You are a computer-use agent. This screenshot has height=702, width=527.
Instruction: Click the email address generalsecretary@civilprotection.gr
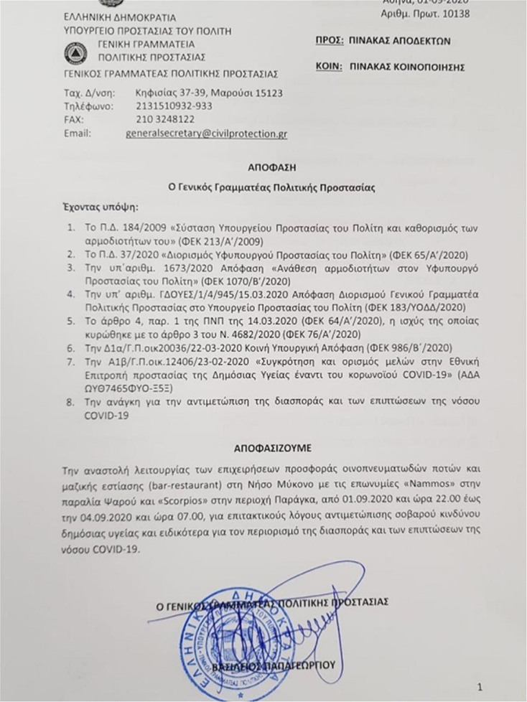[x=206, y=134]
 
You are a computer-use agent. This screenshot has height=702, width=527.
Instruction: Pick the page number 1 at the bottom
[x=490, y=686]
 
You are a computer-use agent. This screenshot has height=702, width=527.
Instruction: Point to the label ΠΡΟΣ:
[x=329, y=42]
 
